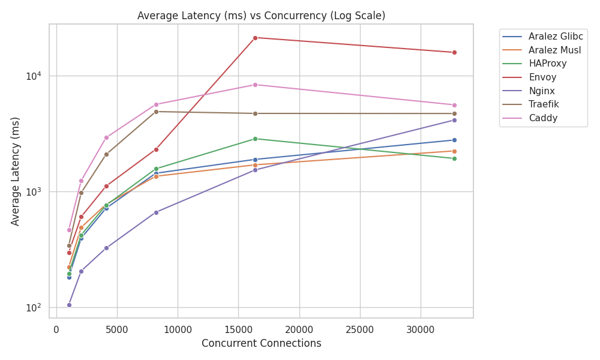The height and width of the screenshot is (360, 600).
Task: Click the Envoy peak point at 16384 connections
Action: coord(255,38)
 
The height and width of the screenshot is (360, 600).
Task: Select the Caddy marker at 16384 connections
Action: coord(255,85)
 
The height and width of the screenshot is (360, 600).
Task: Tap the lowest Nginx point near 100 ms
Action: coord(69,305)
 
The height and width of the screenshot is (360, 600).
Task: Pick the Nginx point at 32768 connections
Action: coord(454,120)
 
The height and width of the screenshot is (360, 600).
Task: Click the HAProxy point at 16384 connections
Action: coord(255,139)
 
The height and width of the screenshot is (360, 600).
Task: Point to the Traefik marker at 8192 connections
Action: coord(156,112)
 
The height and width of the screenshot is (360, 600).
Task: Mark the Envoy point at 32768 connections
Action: coord(454,52)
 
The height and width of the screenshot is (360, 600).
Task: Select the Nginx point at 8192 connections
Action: coord(156,212)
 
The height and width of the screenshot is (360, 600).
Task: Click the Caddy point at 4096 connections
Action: coord(106,137)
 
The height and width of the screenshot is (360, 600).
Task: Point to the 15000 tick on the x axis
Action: coord(238,329)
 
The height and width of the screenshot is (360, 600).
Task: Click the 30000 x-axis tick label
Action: coord(420,329)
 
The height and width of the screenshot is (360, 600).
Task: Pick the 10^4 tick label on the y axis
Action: coord(34,76)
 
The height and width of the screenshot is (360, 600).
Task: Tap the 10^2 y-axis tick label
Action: coord(34,308)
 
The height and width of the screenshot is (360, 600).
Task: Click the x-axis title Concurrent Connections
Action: coord(261,344)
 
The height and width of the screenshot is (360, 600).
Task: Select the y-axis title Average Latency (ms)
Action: coord(16,171)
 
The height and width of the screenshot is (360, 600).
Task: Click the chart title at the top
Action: coord(261,16)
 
